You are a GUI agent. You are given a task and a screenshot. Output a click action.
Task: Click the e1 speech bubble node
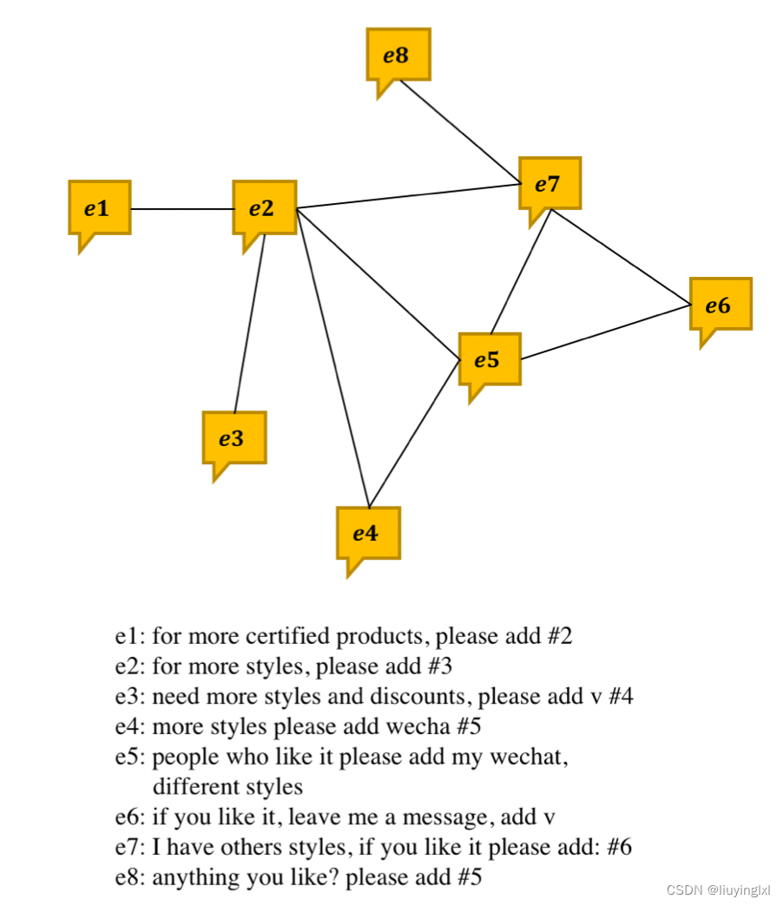tap(100, 208)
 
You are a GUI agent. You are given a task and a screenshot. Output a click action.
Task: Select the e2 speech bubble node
tap(264, 208)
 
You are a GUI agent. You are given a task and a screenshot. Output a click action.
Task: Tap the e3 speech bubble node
tap(234, 438)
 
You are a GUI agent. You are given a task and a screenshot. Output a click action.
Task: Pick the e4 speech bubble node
tap(368, 533)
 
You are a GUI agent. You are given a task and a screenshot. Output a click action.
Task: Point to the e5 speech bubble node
tap(490, 359)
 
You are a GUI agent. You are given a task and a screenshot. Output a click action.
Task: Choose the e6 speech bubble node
tap(720, 305)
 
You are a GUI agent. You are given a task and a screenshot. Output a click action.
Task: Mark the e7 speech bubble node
tap(549, 184)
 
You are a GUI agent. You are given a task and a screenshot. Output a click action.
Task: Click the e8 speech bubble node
tap(398, 55)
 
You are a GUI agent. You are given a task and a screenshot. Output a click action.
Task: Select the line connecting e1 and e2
tap(181, 209)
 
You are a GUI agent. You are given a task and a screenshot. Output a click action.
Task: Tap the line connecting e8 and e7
tap(458, 129)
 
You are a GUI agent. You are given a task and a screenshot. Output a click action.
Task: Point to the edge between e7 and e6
tap(621, 258)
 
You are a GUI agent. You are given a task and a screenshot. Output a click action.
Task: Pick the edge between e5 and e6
tap(606, 332)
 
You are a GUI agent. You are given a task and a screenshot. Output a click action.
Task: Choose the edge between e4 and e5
tap(414, 433)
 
